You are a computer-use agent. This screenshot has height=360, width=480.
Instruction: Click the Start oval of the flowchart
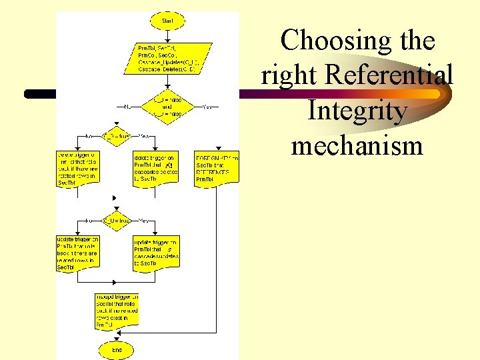tap(167, 21)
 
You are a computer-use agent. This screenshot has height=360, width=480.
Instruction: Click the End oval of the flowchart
tap(117, 349)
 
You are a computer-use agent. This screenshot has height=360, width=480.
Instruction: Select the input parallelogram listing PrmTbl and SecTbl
tap(167, 58)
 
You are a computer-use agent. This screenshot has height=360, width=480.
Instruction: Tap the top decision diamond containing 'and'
tap(167, 106)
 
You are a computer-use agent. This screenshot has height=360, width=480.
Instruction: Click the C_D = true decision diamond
tap(116, 136)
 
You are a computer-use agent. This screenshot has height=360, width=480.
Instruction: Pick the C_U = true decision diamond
tap(116, 220)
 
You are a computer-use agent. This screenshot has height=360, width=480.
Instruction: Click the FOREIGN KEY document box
tap(216, 168)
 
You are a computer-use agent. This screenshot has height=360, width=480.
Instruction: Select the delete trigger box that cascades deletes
tap(155, 168)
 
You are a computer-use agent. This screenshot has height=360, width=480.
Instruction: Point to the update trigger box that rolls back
tap(77, 253)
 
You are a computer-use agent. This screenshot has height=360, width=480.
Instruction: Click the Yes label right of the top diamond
tap(207, 106)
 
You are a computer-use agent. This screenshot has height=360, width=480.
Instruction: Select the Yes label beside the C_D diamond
tap(143, 136)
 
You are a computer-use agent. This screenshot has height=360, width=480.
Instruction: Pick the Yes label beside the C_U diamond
tap(143, 220)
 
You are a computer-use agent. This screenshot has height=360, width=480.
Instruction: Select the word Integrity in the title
tap(357, 111)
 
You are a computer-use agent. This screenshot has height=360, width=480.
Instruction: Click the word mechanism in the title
tap(357, 145)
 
